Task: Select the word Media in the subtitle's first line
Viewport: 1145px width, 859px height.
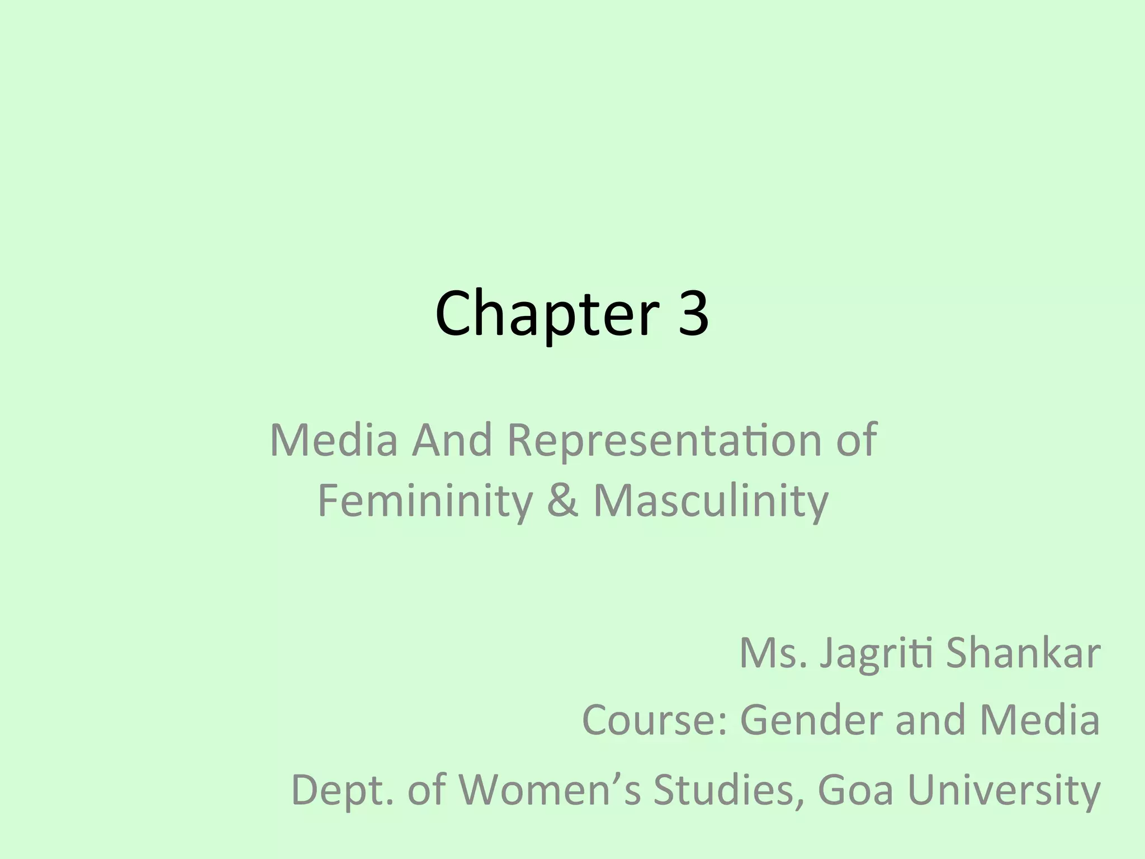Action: [x=334, y=440]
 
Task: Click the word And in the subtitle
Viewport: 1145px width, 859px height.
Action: [x=452, y=440]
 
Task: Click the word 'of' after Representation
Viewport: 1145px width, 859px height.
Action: [x=856, y=440]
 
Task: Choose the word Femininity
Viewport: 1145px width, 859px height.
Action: [x=425, y=501]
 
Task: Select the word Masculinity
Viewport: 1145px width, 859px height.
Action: [x=711, y=501]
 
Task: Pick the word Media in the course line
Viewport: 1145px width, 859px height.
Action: [x=1040, y=720]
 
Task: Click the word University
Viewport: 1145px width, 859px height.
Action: [x=1004, y=791]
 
